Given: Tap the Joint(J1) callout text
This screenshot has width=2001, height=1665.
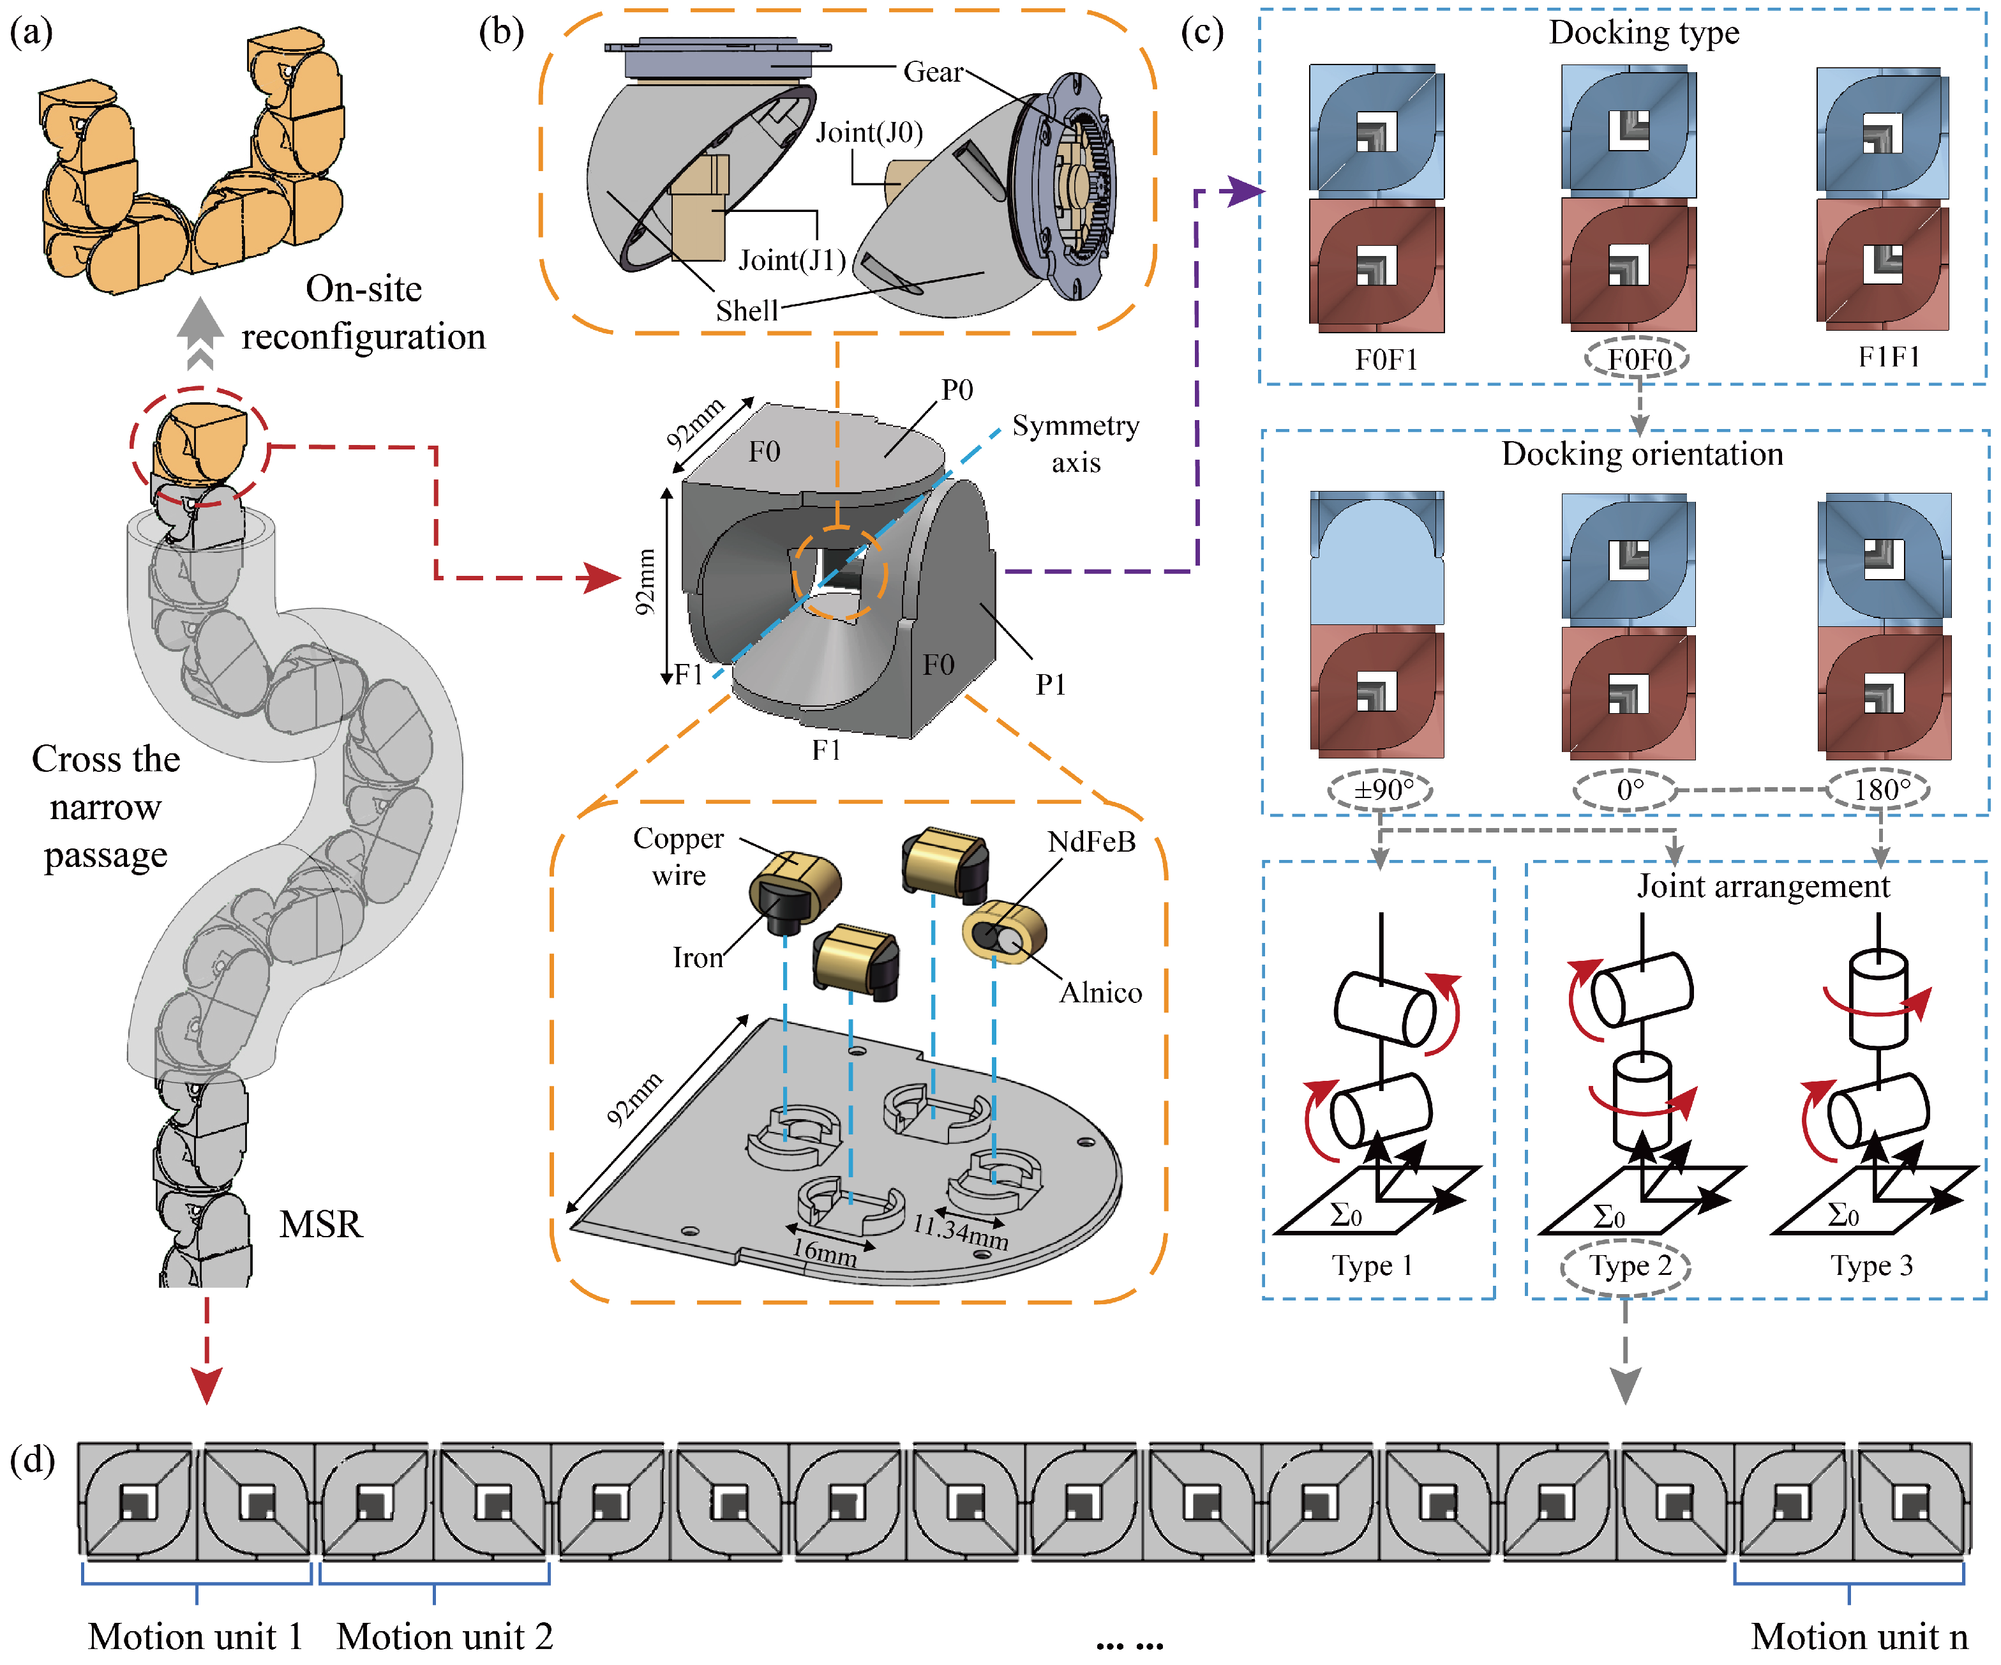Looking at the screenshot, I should [792, 260].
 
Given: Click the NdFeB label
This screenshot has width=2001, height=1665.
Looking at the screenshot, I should [1091, 841].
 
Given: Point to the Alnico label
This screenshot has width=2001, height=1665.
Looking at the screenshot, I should [1100, 993].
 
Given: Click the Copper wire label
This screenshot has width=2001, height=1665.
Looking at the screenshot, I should [678, 856].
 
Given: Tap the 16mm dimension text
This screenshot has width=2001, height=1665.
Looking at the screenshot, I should [825, 1251].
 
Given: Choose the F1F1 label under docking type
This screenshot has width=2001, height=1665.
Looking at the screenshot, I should [1889, 358].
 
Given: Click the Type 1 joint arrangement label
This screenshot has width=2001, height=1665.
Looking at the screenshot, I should [1372, 1265].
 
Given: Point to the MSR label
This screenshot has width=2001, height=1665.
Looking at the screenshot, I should [320, 1224].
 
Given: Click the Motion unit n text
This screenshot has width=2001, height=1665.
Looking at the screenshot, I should [1859, 1636].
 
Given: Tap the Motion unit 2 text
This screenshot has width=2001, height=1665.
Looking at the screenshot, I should [445, 1636].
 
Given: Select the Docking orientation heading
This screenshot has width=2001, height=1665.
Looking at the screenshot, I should [1642, 454].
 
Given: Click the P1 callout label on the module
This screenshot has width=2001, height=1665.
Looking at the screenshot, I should [1050, 684].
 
